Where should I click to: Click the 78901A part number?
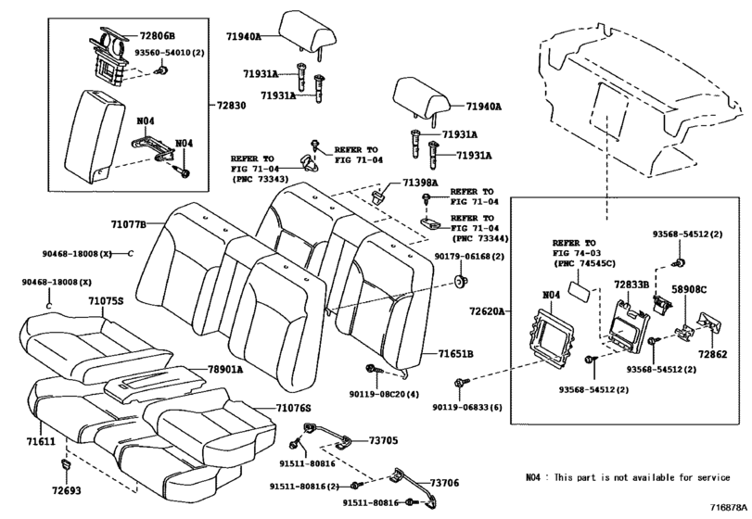[225, 368]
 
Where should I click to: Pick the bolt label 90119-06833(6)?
[468, 406]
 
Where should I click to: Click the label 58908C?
[689, 289]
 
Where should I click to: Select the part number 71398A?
[420, 184]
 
